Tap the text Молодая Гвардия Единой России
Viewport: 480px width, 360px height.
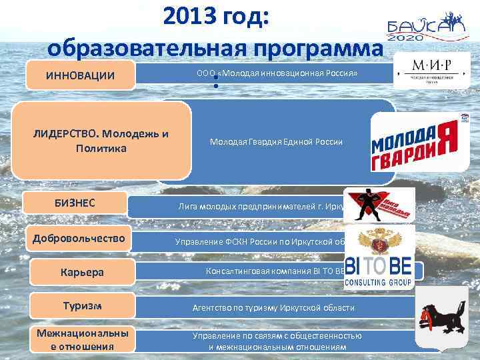click(x=276, y=141)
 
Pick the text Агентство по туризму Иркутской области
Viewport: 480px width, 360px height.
click(x=273, y=308)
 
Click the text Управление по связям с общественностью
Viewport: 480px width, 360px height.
click(x=277, y=336)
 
